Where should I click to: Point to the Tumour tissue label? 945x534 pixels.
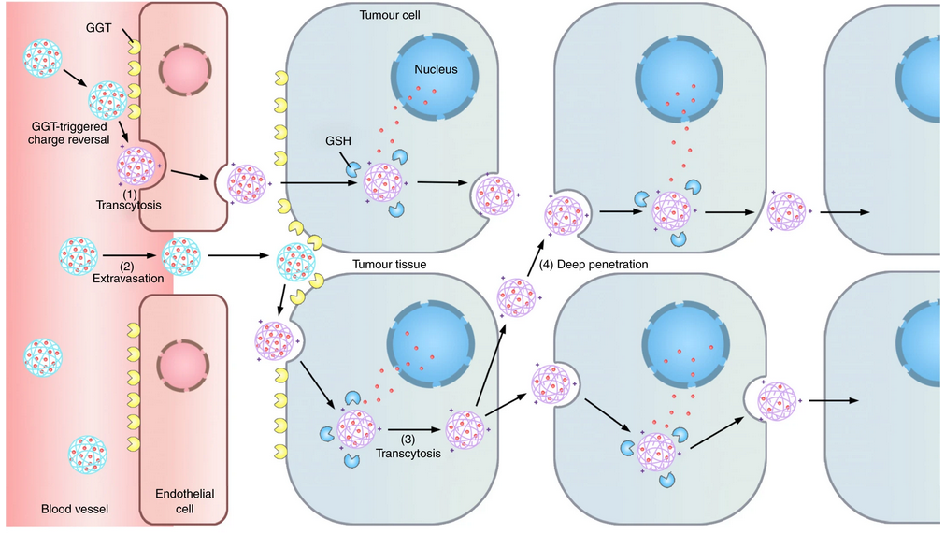point(389,265)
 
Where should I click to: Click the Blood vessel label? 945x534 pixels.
point(75,510)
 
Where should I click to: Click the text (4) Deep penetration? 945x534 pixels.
point(595,265)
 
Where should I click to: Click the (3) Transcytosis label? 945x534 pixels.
point(405,447)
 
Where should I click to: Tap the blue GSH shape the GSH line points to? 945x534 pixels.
point(353,169)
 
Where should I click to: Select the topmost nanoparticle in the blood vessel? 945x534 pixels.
point(44,57)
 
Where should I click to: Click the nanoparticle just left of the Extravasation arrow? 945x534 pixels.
point(79,254)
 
